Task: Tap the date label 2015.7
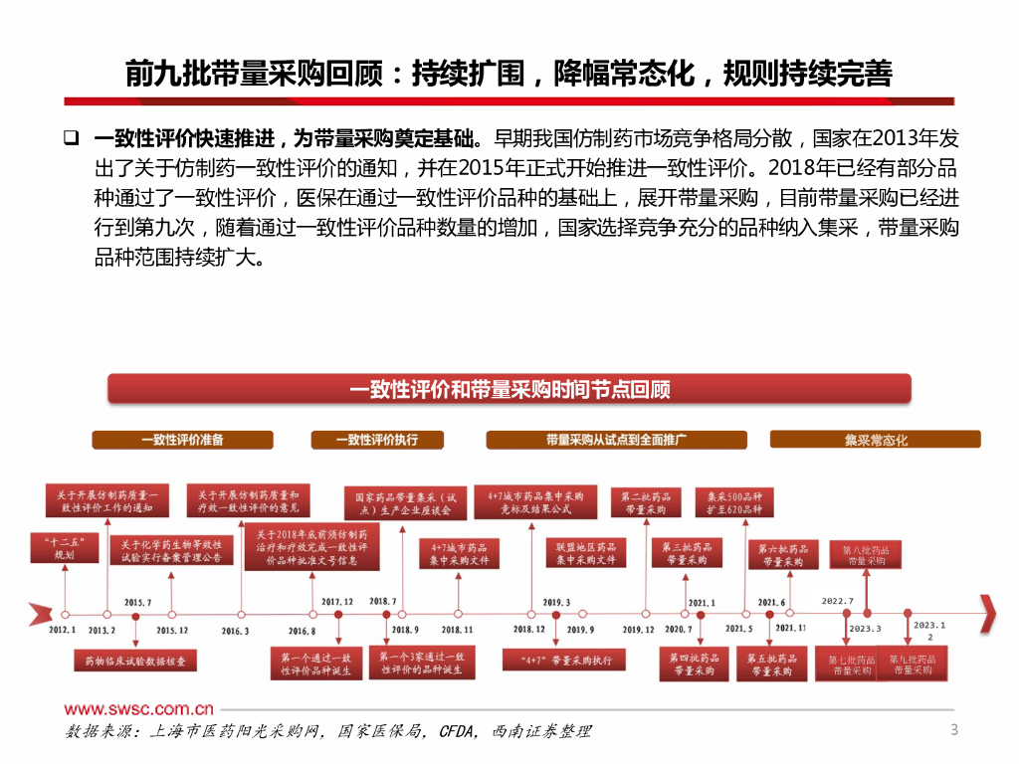(137, 602)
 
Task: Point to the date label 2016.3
(235, 630)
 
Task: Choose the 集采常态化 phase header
(876, 439)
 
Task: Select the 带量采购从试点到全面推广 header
(617, 439)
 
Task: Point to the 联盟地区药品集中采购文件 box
(586, 553)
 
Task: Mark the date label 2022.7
(837, 601)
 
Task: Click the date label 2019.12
(638, 630)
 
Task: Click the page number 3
(954, 731)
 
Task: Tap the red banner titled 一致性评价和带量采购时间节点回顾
(509, 389)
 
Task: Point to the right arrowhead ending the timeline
(987, 614)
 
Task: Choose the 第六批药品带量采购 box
(782, 554)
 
